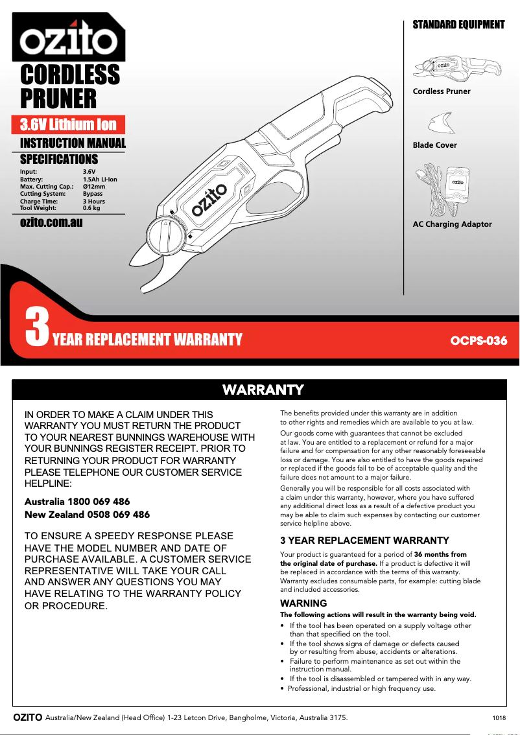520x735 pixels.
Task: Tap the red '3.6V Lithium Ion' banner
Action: pos(68,124)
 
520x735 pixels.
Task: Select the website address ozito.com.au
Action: pos(51,222)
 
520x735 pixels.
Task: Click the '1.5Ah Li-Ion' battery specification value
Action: pos(100,179)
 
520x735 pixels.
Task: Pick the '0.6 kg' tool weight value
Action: pos(91,208)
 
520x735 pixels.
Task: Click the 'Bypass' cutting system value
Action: pos(93,194)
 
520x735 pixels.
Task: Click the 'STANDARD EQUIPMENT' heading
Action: pos(458,25)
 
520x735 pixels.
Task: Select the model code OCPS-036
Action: pos(479,340)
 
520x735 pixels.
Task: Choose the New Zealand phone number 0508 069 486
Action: pos(113,515)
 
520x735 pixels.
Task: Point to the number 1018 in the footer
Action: pos(499,718)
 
